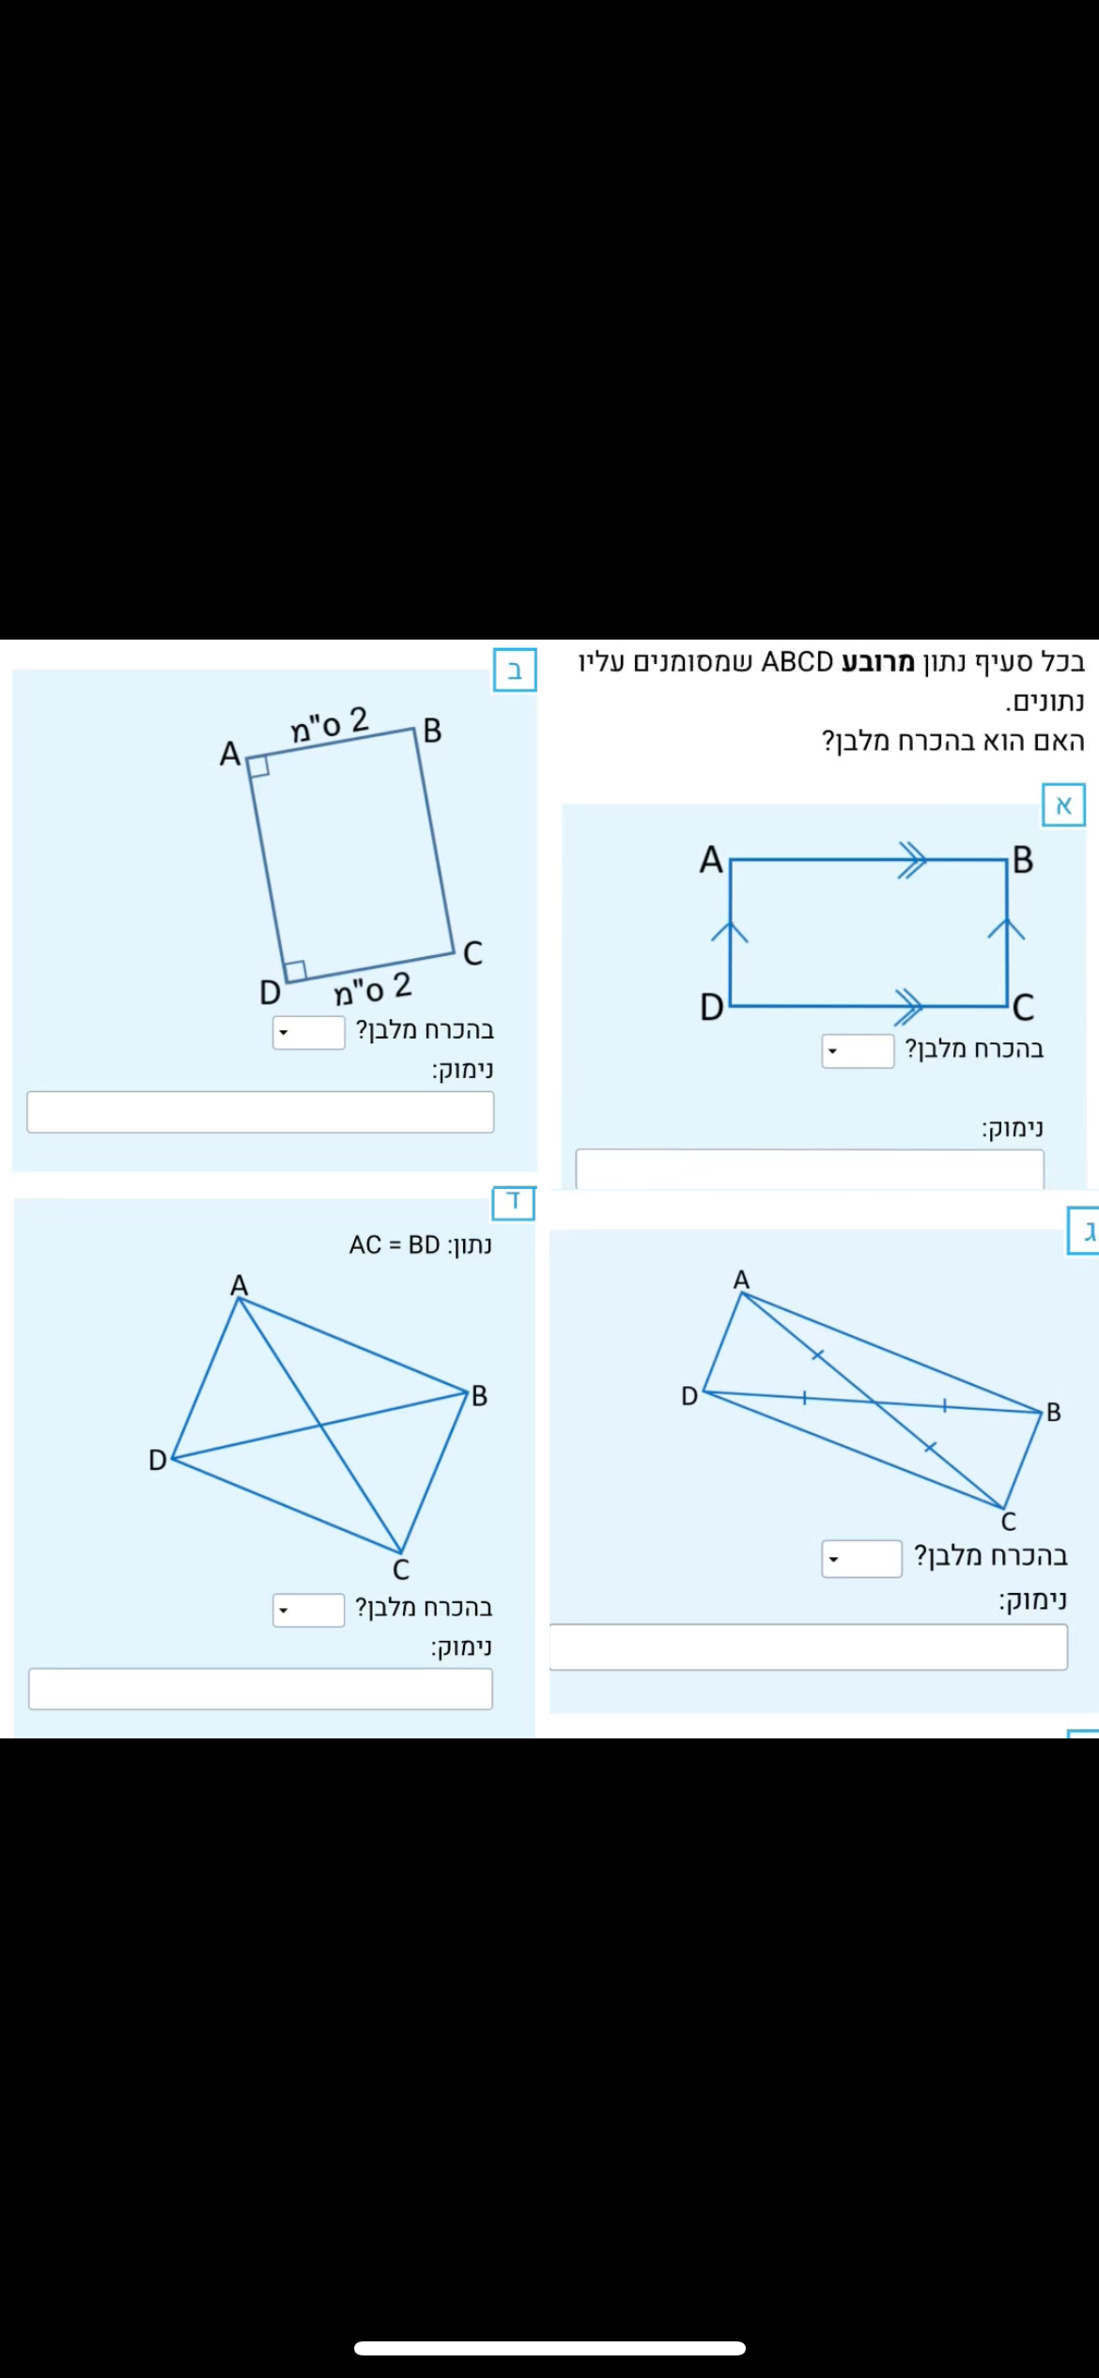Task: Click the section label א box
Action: coord(1063,805)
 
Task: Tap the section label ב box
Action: coord(515,670)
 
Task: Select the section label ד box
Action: coord(514,1202)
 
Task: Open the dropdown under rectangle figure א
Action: coord(858,1051)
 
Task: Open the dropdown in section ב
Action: coord(309,1032)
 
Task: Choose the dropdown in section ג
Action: coord(861,1558)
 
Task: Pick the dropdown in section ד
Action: coord(309,1610)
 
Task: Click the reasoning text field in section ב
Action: coord(260,1112)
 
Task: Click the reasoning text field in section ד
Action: coord(260,1689)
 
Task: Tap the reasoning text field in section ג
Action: coord(808,1646)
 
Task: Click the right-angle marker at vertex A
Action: coord(258,765)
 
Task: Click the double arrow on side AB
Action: coord(911,859)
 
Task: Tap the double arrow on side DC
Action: coord(909,1006)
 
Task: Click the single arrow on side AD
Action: coord(730,930)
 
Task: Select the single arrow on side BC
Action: coord(1006,928)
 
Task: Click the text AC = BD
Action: coord(395,1244)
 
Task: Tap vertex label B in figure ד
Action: coord(479,1396)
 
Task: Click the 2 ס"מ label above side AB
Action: coord(329,724)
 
